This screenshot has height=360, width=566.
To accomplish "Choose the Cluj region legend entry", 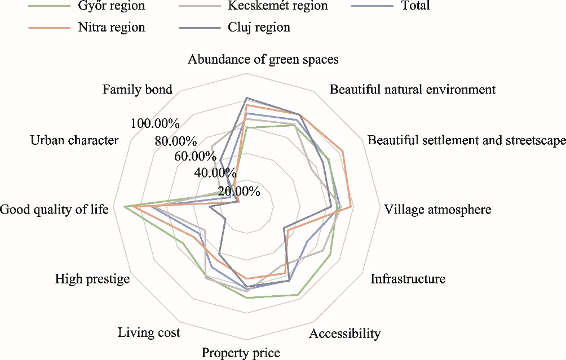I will [x=260, y=27].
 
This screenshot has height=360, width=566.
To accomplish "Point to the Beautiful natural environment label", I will [x=412, y=90].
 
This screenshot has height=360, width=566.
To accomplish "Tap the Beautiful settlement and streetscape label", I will [x=466, y=140].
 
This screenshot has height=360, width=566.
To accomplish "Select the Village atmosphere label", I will [x=437, y=210].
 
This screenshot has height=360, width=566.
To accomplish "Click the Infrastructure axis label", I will [x=408, y=279].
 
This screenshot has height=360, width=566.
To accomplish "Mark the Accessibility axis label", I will [x=344, y=334].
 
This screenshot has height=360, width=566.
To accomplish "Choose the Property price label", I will [x=241, y=353].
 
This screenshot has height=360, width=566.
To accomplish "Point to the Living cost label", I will [x=149, y=333].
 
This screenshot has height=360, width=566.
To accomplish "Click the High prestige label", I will [x=92, y=279].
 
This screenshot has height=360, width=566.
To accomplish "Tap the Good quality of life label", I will [x=54, y=210].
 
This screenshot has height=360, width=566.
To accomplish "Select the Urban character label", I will [x=74, y=140].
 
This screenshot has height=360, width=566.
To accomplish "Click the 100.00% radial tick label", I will [x=154, y=124].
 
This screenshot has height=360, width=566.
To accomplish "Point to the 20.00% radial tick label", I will [x=237, y=192].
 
